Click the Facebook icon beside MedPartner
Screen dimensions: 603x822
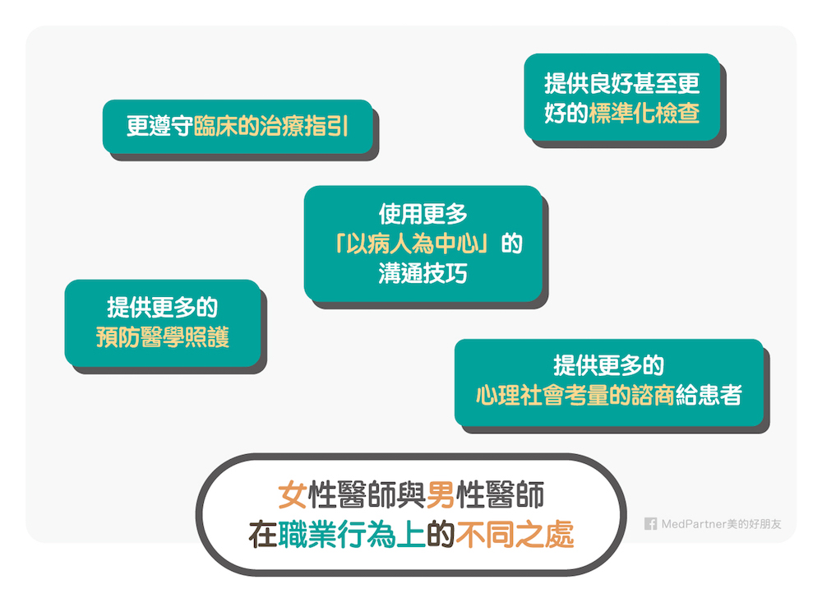(650, 524)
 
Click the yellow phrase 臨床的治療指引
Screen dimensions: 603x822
(271, 128)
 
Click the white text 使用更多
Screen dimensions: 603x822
(423, 215)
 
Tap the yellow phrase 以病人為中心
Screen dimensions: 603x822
(419, 244)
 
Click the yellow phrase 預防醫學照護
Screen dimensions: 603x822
(163, 337)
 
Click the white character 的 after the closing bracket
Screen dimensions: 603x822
(511, 244)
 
